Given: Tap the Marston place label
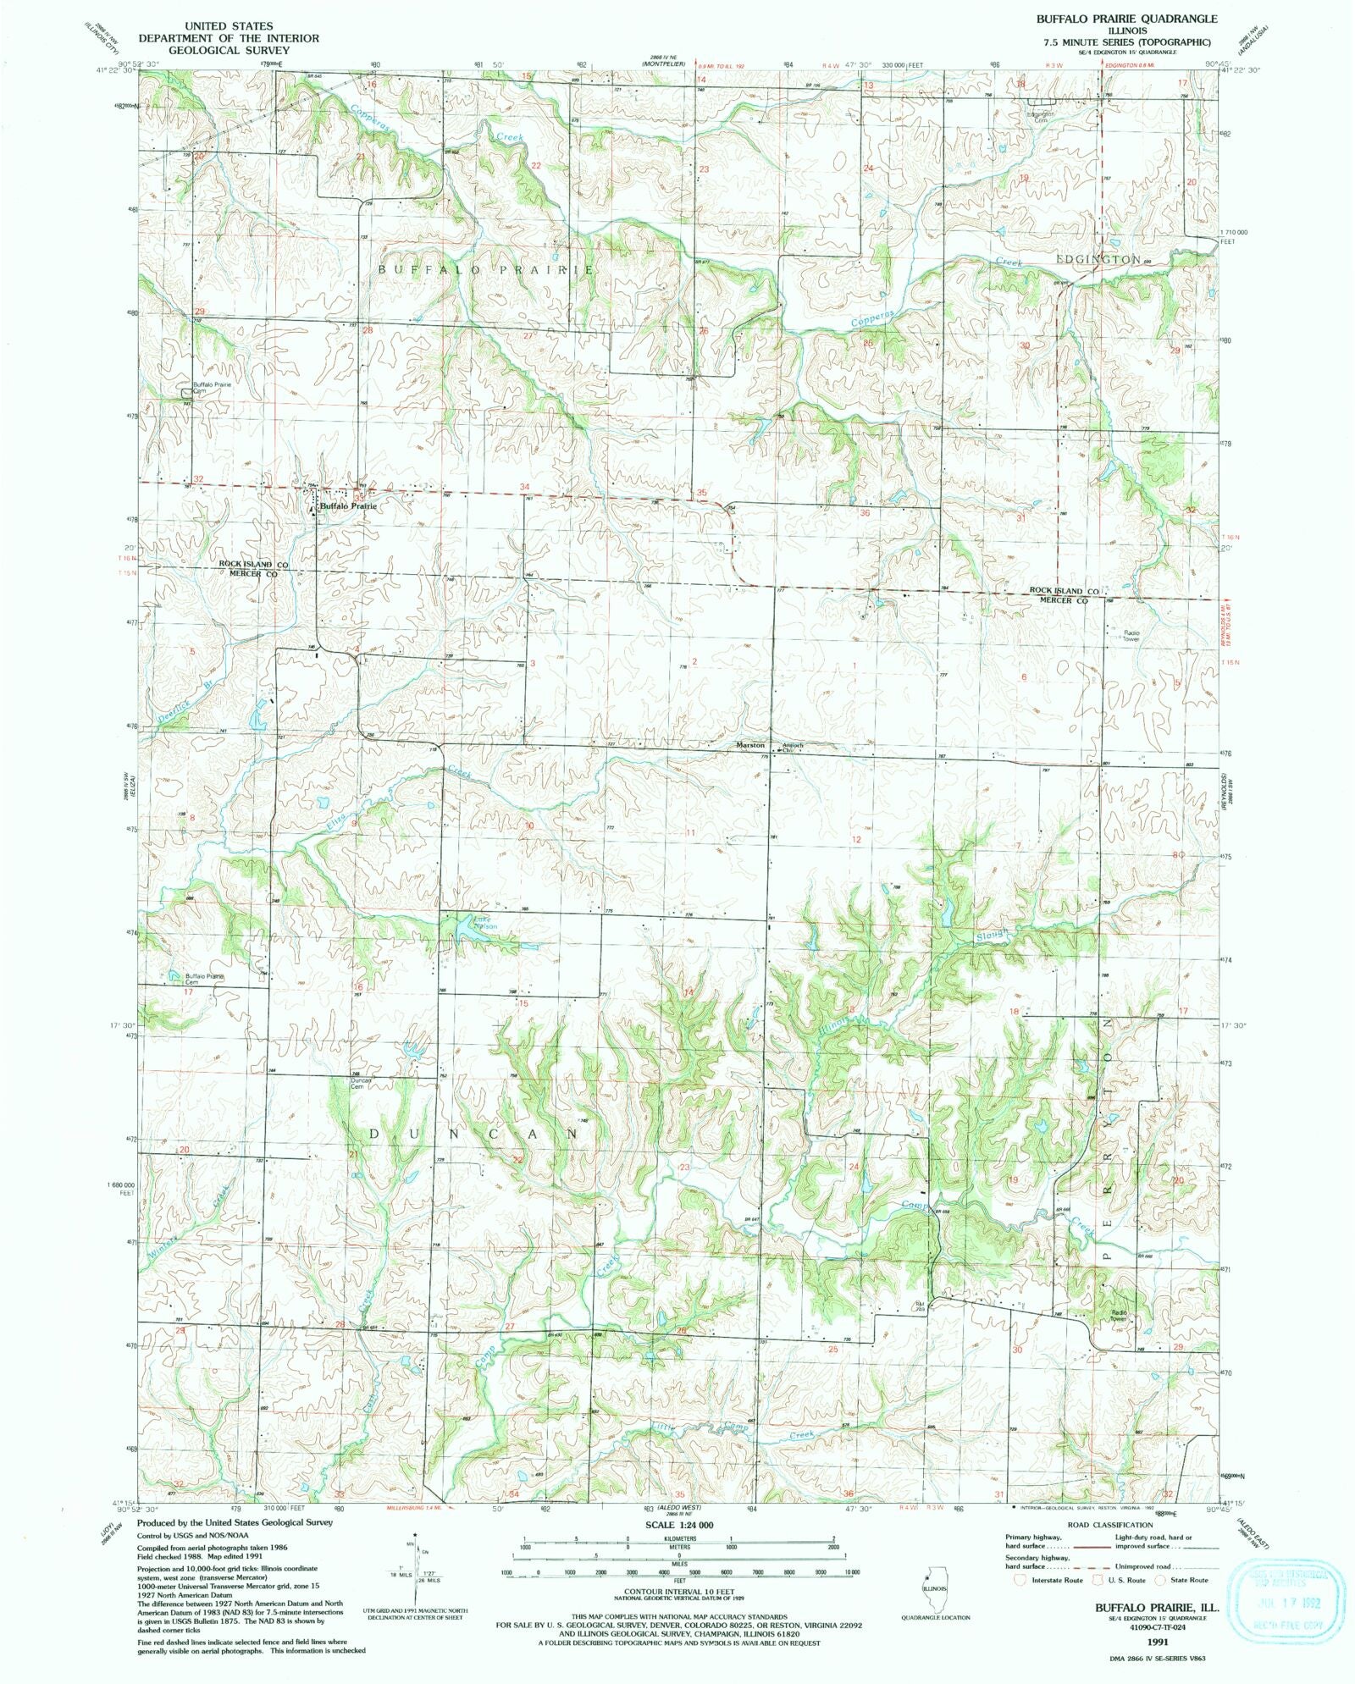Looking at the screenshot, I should pos(750,745).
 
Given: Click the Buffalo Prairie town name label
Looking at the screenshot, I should pos(347,505).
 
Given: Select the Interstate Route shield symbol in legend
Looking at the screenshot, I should pos(1022,1580).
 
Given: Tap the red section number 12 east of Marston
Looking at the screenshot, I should pos(857,839).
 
